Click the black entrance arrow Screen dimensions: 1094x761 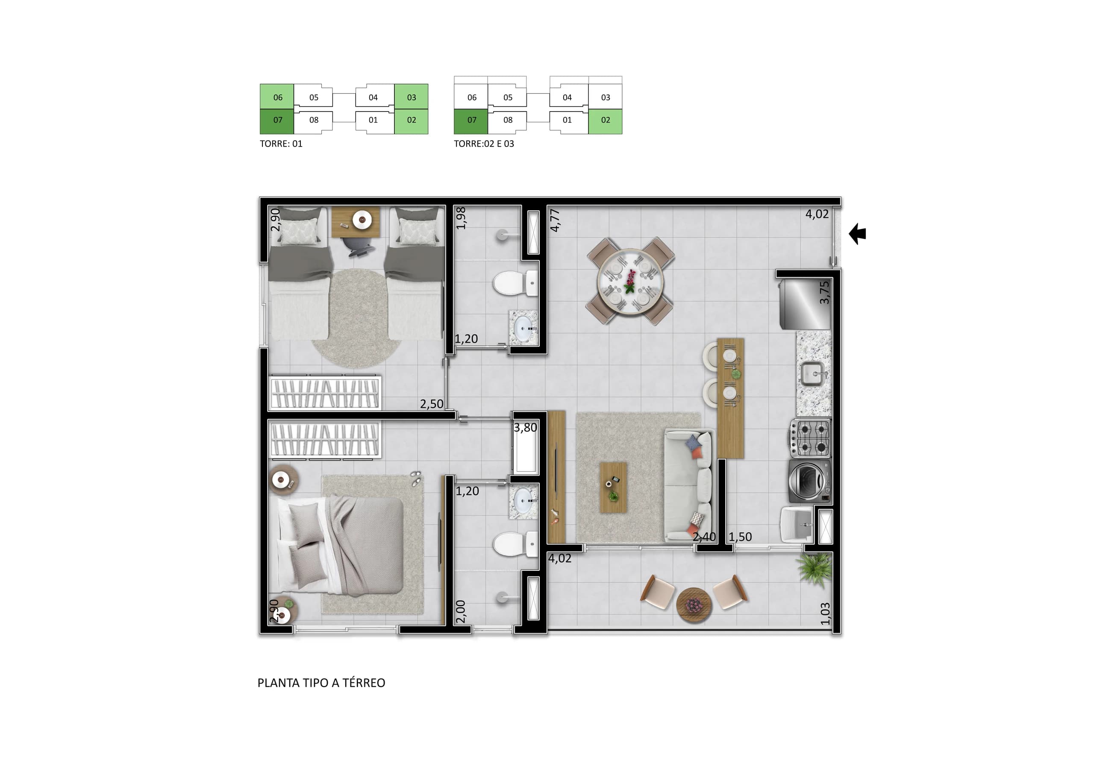[x=857, y=234]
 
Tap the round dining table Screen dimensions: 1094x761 [x=630, y=281]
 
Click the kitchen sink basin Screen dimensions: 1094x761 [x=813, y=373]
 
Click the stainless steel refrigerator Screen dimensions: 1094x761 [x=805, y=305]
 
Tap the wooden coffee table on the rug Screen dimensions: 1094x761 [x=613, y=488]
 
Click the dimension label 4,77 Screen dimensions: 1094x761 [x=555, y=220]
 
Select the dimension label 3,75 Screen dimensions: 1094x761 [x=824, y=293]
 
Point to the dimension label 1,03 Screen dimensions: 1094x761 [x=825, y=614]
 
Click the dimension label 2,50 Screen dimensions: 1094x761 [x=432, y=404]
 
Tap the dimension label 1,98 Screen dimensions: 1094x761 [x=461, y=218]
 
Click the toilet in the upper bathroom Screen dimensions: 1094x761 [x=515, y=283]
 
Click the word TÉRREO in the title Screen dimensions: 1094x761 [x=364, y=683]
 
